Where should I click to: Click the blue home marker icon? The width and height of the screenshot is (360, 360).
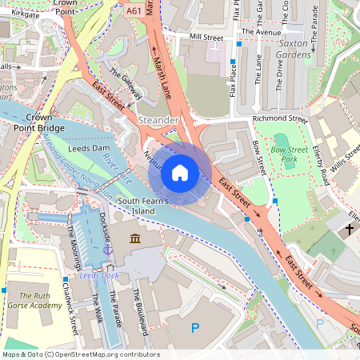point(180,172)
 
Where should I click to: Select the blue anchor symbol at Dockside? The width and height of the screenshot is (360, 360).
point(109,250)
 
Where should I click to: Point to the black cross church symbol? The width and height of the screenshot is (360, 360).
point(350,230)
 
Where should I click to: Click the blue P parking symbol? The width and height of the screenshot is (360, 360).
point(194,327)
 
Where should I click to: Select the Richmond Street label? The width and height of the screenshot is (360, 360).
point(279,119)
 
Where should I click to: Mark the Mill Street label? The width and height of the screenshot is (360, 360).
point(205,38)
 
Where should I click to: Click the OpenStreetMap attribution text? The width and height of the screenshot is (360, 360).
point(81,354)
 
